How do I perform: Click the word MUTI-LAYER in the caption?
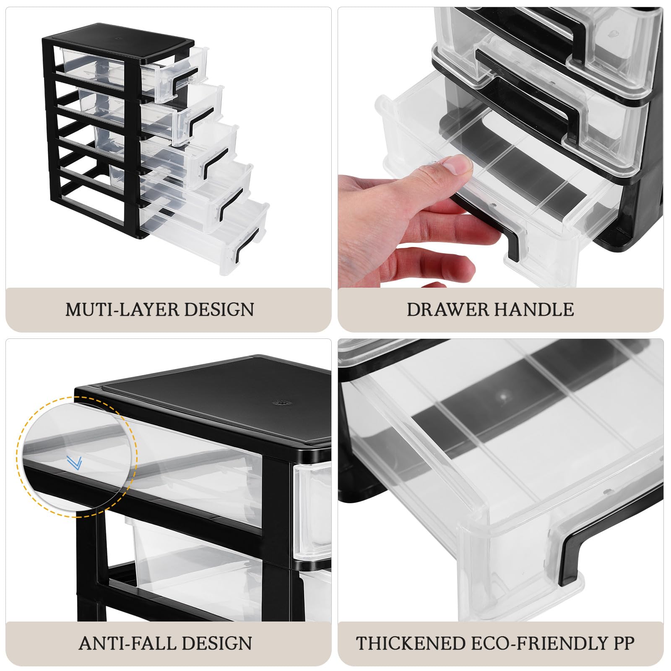click(x=122, y=309)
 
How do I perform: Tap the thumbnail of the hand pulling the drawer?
click(x=501, y=147)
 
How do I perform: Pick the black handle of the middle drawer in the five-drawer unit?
click(x=216, y=161)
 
